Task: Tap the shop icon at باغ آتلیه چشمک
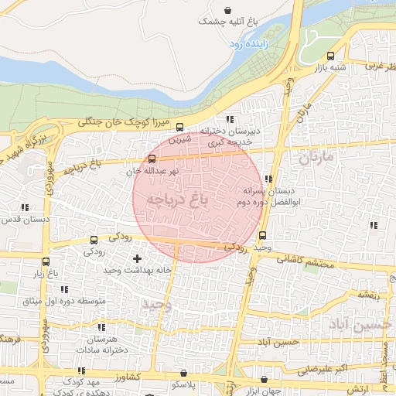click(227, 10)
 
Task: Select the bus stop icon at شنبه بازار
click(331, 56)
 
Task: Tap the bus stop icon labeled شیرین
click(180, 128)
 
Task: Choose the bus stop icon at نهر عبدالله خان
click(151, 159)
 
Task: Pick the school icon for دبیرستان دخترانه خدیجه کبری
click(230, 119)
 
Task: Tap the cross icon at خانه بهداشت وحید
click(138, 258)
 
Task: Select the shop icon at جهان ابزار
click(265, 379)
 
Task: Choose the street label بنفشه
click(368, 295)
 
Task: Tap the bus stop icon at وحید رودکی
click(263, 236)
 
